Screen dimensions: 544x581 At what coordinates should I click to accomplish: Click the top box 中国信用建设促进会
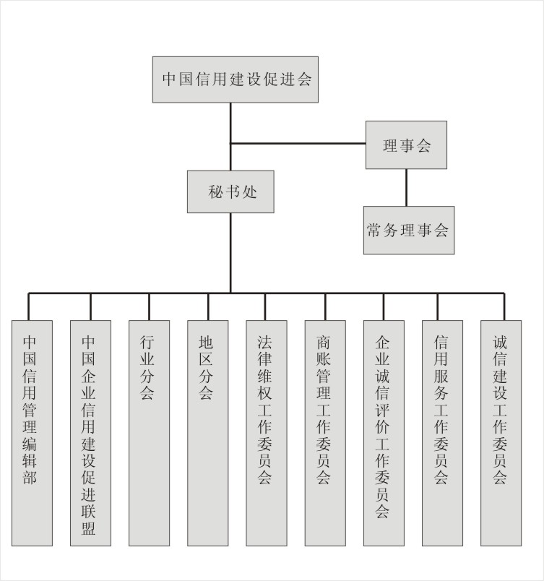coord(235,79)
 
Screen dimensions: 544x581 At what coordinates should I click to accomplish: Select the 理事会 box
coord(406,145)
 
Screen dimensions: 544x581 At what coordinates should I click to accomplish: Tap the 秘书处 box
coord(230,191)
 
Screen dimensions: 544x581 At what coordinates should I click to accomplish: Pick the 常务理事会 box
coord(409,231)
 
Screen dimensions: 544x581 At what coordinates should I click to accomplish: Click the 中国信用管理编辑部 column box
coord(32,433)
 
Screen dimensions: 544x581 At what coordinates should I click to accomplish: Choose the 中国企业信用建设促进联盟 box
coord(91,433)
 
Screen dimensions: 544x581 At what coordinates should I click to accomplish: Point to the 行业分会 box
coord(150,433)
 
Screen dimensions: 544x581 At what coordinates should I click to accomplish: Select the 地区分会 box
coord(208,433)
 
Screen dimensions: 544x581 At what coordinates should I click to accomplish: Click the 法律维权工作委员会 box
coord(267,433)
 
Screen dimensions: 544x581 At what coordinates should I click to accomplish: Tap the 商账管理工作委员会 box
coord(325,433)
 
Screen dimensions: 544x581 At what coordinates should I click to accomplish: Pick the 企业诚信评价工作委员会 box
coord(384,433)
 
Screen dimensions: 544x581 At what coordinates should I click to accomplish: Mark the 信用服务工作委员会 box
coord(443,433)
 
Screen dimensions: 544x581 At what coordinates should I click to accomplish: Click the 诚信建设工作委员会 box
coord(501,433)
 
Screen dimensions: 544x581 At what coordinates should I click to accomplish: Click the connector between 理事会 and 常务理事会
coord(406,187)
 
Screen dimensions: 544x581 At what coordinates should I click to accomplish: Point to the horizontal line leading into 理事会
coord(298,143)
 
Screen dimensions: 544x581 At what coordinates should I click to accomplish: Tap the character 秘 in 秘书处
coord(215,192)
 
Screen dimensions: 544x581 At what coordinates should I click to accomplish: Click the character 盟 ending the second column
coord(89,528)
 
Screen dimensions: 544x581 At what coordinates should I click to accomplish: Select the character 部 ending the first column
coord(30,477)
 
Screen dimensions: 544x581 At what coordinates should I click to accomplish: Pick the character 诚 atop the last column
coord(499,343)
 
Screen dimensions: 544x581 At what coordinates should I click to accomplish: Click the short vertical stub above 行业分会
coord(149,307)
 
